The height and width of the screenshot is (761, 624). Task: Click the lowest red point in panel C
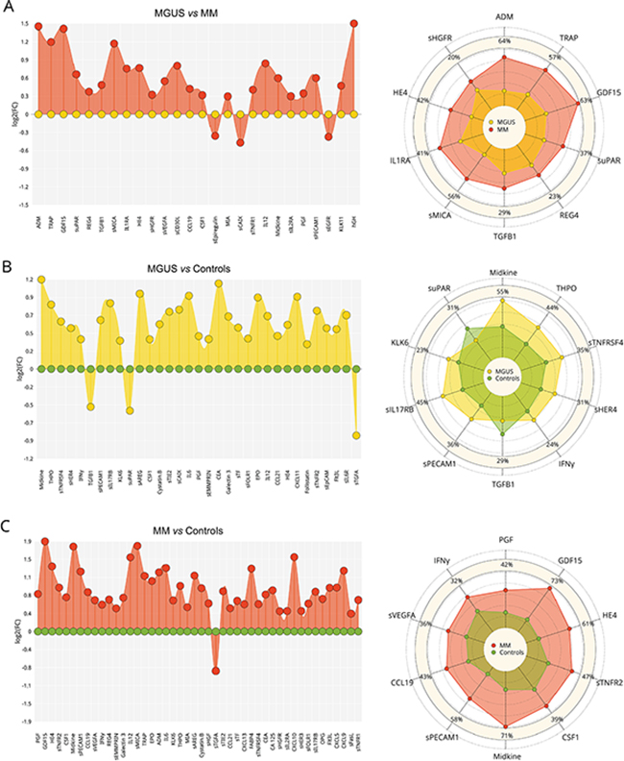pyautogui.click(x=216, y=671)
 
